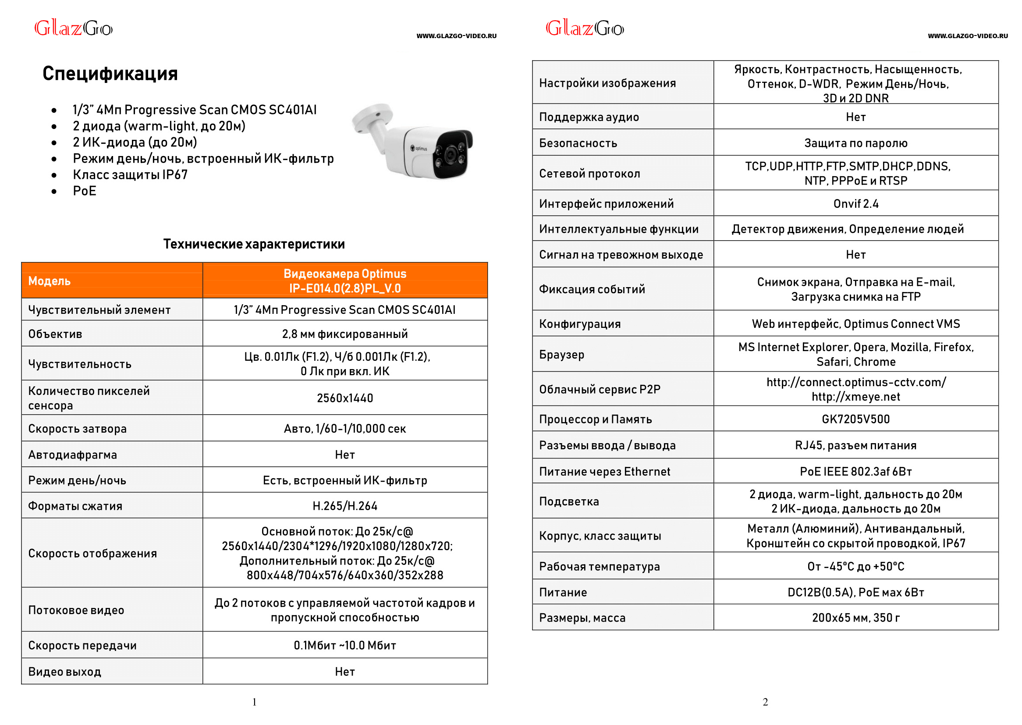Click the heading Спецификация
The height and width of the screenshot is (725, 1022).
(110, 73)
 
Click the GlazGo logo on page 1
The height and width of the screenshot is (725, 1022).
(74, 28)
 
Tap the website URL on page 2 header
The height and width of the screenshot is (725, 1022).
(967, 36)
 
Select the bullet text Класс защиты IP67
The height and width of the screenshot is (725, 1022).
(130, 174)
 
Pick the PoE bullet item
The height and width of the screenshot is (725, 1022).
(84, 191)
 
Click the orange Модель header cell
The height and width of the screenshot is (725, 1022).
(50, 281)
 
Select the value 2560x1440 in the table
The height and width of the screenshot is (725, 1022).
(344, 398)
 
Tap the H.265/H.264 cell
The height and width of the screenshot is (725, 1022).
(344, 506)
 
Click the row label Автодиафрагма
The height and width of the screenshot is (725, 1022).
(72, 455)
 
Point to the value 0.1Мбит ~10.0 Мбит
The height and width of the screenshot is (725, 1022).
(344, 645)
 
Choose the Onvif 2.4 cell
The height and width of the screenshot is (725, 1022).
(855, 203)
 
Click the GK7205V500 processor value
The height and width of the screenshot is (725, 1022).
(855, 419)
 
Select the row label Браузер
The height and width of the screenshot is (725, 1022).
(561, 355)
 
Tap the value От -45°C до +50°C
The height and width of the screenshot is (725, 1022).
(855, 566)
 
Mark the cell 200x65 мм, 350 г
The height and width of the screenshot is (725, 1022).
(855, 618)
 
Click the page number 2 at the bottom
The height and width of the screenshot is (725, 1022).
(765, 702)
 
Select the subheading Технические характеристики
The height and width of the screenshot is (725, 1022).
(254, 244)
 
